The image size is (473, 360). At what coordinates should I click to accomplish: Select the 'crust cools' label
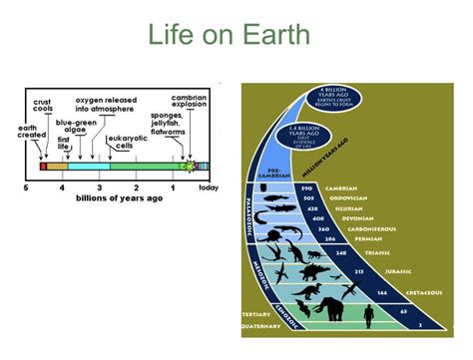(x=43, y=106)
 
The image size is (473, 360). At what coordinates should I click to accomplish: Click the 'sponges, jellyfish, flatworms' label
(x=168, y=125)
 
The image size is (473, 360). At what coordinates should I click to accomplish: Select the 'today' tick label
(x=209, y=187)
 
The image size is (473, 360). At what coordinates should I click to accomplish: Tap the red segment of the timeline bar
(x=42, y=166)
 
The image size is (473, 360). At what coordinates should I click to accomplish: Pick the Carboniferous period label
(x=360, y=228)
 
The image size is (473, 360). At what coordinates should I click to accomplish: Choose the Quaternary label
(x=261, y=325)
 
